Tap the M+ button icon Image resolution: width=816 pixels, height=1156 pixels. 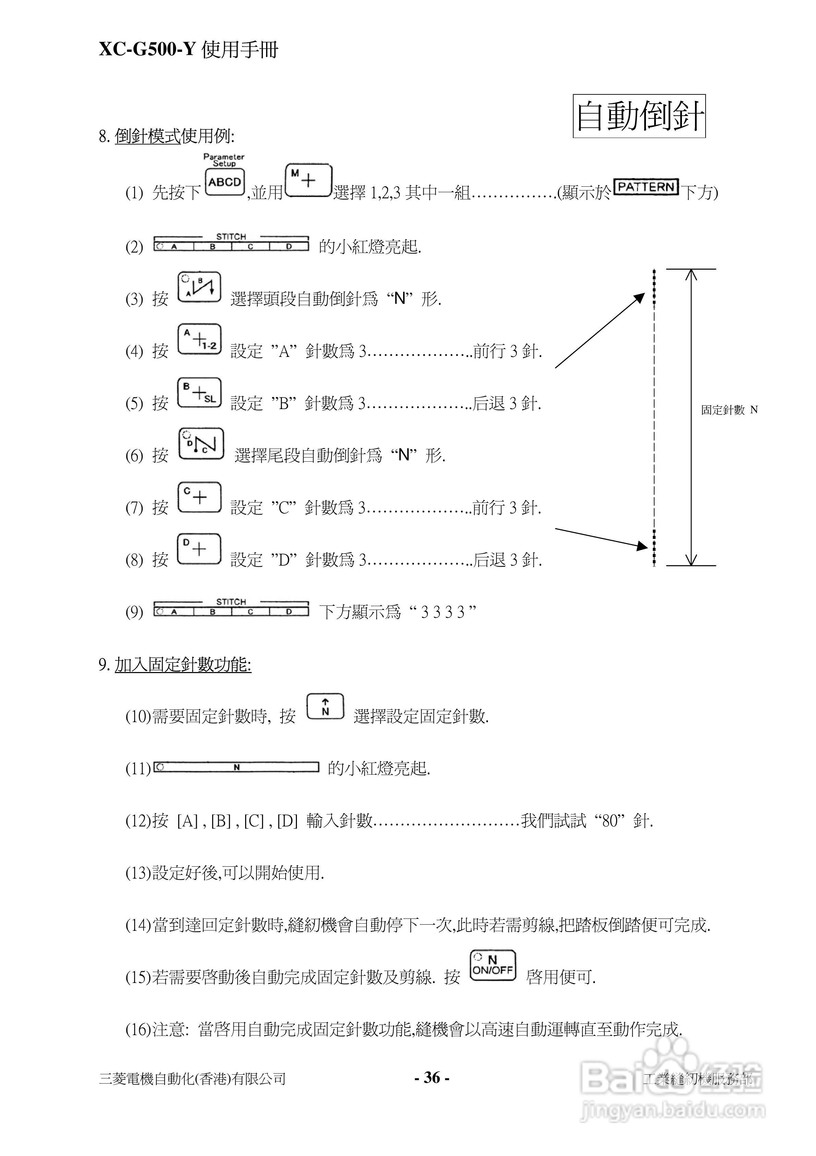308,180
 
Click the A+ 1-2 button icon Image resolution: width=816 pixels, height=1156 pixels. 200,339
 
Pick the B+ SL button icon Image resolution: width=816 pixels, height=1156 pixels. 200,393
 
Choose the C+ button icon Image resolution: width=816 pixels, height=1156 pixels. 200,497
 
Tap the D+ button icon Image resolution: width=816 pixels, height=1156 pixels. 200,549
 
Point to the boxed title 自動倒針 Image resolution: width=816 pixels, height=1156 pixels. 639,116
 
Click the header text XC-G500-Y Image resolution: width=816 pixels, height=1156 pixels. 146,49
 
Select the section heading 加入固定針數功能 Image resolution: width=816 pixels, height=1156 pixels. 183,665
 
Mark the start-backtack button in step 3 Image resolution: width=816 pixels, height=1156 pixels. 200,287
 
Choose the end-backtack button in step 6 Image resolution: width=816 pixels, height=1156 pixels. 201,443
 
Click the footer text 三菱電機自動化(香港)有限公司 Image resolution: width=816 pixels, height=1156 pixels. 193,1078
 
